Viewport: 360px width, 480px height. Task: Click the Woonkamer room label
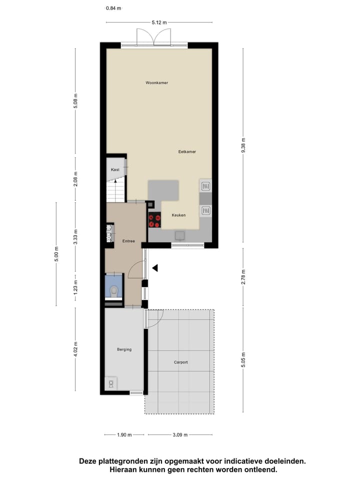[156, 82]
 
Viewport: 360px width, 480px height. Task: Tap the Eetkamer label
[187, 151]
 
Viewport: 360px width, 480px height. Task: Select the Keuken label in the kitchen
[178, 215]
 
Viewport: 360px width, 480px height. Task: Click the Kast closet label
[115, 170]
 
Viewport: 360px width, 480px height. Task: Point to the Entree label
[128, 241]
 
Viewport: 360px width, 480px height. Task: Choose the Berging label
[124, 349]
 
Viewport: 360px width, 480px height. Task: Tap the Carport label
[181, 362]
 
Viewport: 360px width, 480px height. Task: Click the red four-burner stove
[154, 220]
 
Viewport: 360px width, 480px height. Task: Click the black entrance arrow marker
[155, 268]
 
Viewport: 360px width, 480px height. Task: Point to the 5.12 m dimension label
[159, 22]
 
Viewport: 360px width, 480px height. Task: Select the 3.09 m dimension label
[179, 435]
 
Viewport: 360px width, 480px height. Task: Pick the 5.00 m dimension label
[56, 254]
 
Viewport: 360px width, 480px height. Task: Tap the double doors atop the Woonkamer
[154, 38]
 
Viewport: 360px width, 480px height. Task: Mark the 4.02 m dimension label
[76, 348]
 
